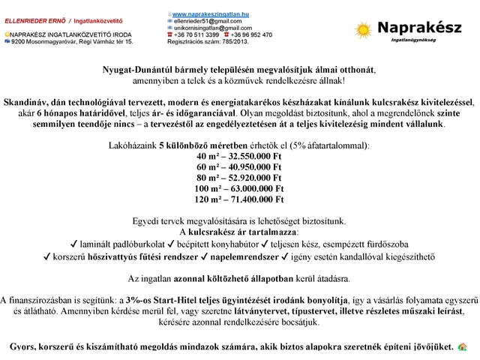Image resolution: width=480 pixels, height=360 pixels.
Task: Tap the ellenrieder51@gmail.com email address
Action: click(202, 22)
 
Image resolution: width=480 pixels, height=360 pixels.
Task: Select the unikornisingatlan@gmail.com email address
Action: click(207, 28)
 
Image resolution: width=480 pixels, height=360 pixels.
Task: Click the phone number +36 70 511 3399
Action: click(196, 34)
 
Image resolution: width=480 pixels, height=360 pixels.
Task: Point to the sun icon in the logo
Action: click(364, 30)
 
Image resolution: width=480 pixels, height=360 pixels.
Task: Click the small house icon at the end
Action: click(463, 347)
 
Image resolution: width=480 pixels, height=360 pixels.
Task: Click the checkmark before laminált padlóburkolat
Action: click(72, 244)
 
